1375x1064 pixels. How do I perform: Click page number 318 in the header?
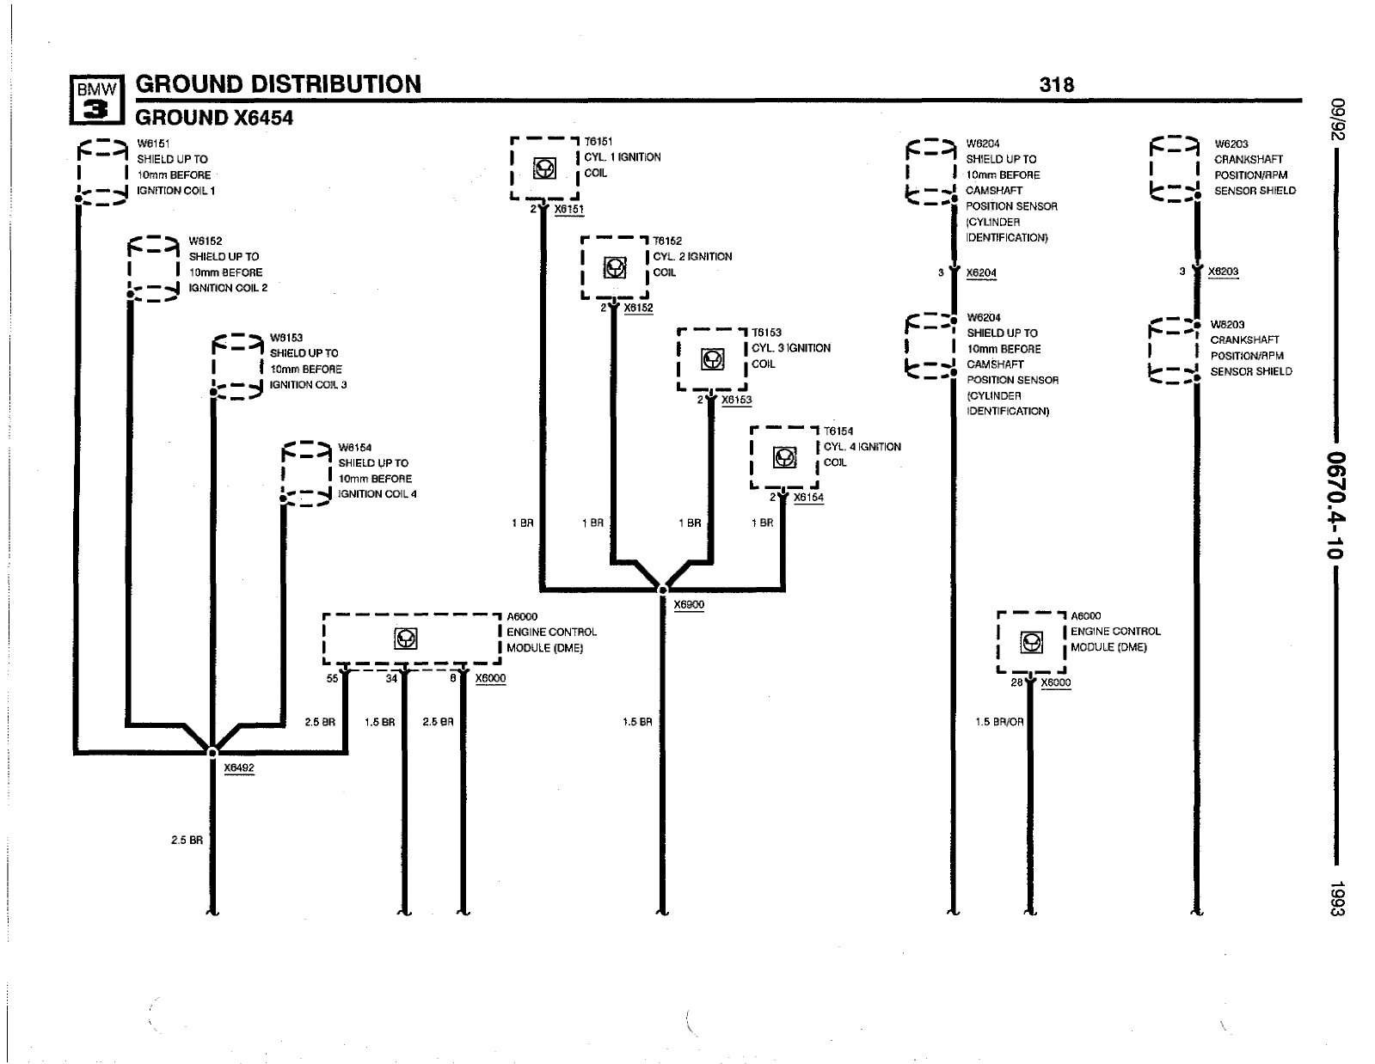(x=1057, y=84)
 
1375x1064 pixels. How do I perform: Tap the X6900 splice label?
(x=689, y=604)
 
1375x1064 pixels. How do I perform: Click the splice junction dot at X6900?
(x=662, y=590)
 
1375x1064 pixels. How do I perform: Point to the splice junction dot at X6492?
(x=212, y=753)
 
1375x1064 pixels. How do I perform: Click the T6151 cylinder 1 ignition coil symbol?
(x=544, y=169)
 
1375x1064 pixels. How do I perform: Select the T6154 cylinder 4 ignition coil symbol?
(x=784, y=458)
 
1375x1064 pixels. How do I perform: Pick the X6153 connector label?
(x=736, y=400)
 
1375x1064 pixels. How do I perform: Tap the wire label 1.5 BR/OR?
(x=999, y=722)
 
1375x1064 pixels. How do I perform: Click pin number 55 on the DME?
(x=332, y=678)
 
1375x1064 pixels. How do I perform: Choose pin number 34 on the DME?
(x=391, y=678)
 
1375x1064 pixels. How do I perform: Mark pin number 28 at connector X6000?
(x=1016, y=683)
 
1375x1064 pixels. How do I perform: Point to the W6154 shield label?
(x=354, y=447)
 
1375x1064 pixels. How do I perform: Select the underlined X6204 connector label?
(x=981, y=273)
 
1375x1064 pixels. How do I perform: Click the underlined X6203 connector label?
(x=1223, y=272)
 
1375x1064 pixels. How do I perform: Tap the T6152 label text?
(x=667, y=241)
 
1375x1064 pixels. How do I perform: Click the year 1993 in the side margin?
(x=1336, y=898)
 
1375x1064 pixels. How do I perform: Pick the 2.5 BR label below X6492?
(x=187, y=840)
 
